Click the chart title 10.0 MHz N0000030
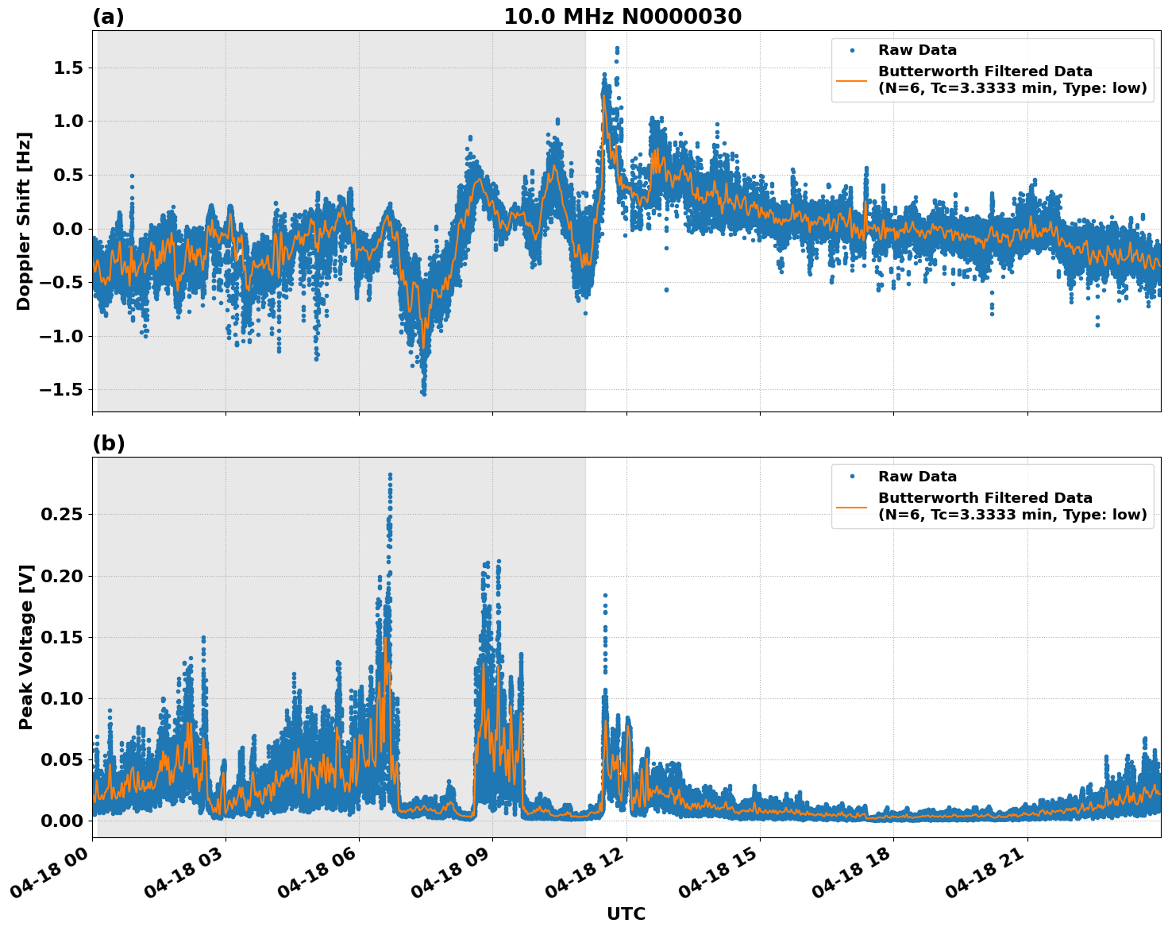click(623, 17)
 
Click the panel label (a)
click(108, 17)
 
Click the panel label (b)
click(108, 443)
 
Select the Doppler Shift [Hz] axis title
click(24, 221)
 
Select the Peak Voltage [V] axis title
click(26, 647)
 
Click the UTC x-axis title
click(626, 914)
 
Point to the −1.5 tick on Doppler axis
click(63, 390)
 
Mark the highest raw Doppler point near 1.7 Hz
click(617, 48)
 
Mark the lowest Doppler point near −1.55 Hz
click(424, 393)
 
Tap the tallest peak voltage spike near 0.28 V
click(390, 475)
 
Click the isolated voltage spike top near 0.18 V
click(605, 595)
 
